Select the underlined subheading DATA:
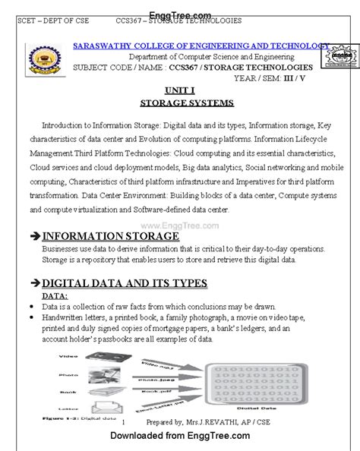[55, 295]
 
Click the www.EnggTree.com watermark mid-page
[179, 225]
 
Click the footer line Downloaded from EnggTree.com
[180, 436]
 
